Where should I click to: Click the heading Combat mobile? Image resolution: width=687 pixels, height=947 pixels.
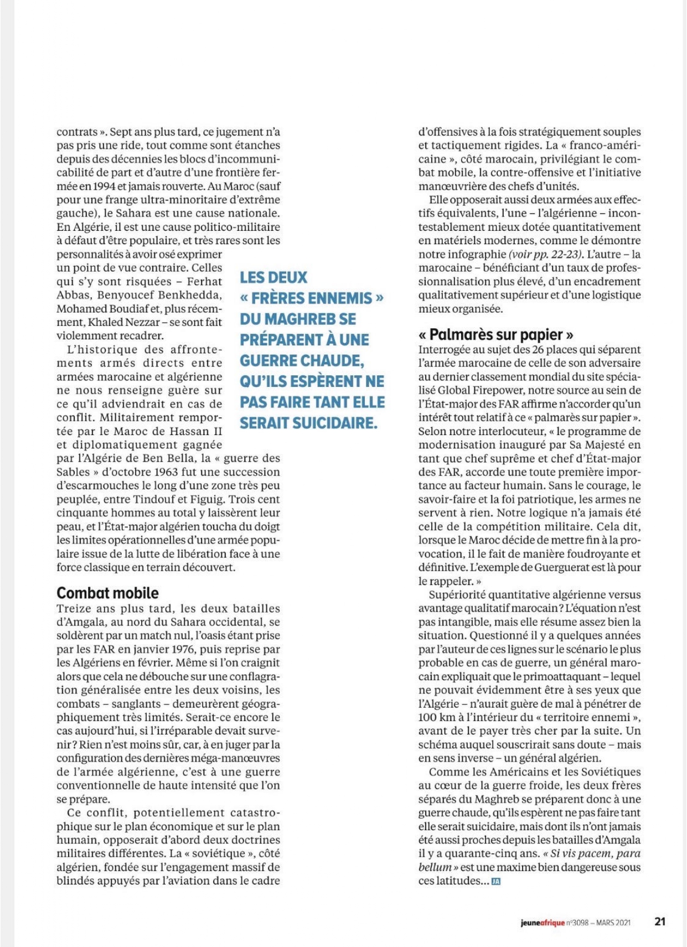point(107,593)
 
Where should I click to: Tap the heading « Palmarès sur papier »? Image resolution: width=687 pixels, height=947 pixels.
point(495,334)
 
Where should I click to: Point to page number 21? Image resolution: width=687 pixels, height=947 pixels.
point(659,922)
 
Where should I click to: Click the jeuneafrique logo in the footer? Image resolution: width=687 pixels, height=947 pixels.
point(543,922)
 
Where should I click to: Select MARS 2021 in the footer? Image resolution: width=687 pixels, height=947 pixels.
point(613,922)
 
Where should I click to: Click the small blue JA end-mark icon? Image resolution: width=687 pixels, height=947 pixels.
point(496,882)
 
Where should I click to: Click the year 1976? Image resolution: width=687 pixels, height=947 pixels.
point(182,649)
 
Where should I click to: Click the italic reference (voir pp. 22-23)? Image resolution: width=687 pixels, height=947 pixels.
point(545,254)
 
